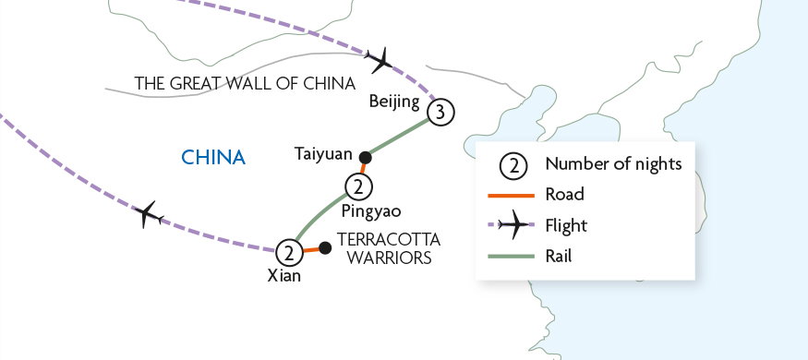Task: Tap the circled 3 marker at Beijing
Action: pyautogui.click(x=441, y=113)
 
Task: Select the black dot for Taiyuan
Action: pyautogui.click(x=365, y=156)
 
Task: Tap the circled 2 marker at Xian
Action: pyautogui.click(x=290, y=251)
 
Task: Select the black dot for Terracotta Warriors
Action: pyautogui.click(x=325, y=247)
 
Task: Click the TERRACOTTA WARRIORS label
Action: pyautogui.click(x=385, y=249)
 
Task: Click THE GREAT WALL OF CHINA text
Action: pyautogui.click(x=245, y=83)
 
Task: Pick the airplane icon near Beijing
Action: pyautogui.click(x=380, y=62)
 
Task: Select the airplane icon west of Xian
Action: pyautogui.click(x=149, y=217)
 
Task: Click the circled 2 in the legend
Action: pyautogui.click(x=513, y=165)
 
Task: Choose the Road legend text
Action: pyautogui.click(x=565, y=195)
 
